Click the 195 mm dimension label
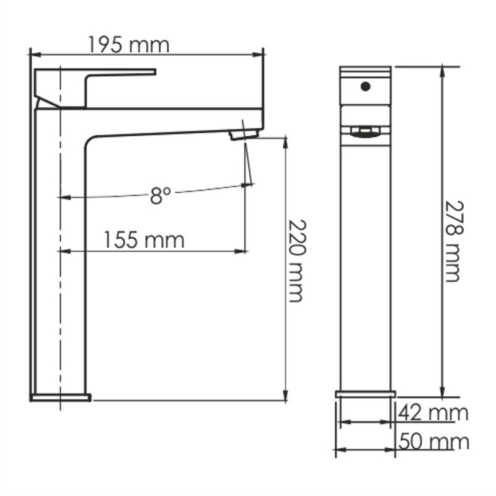128,45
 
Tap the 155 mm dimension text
144,239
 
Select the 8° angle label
159,197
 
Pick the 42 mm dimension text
433,412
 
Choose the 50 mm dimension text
433,441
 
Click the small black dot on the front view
365,86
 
